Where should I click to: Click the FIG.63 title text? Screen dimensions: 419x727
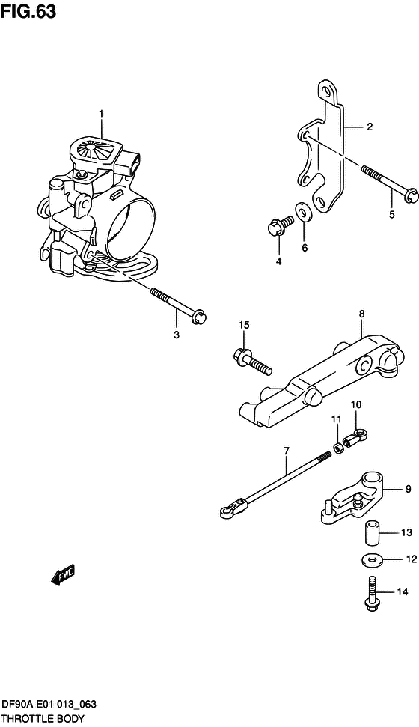[28, 12]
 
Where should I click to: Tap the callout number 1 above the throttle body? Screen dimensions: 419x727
[100, 113]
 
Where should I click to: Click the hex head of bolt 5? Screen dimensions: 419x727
[411, 195]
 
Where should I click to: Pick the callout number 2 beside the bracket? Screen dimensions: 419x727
[370, 127]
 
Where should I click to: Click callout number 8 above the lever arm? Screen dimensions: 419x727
[361, 314]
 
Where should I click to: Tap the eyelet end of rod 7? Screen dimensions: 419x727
[227, 511]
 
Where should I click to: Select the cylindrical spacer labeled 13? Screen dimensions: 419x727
[371, 534]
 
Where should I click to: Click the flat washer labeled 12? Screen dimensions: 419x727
[372, 559]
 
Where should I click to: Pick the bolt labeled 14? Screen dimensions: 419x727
[371, 593]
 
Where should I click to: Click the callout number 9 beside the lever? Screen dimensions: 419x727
[408, 489]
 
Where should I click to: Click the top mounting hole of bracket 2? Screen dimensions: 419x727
[328, 91]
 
